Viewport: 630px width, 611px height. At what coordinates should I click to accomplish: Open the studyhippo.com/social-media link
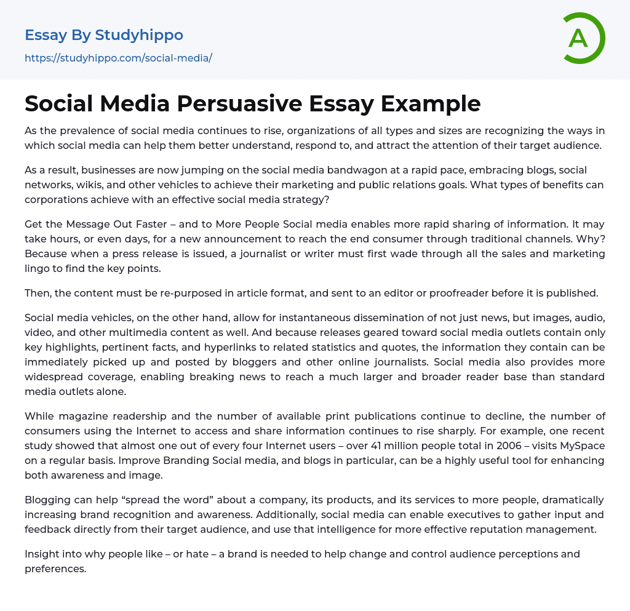(x=118, y=58)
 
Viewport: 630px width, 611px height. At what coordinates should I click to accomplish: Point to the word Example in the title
(x=430, y=104)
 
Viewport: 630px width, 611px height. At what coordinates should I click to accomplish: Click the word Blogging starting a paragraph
(x=46, y=500)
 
